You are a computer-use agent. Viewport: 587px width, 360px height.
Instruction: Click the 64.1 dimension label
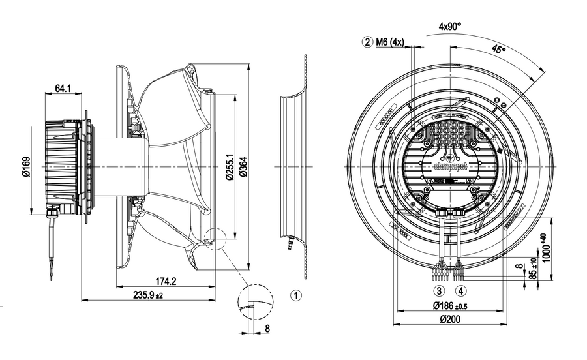tap(63, 88)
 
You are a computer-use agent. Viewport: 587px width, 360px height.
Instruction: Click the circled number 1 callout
tap(295, 295)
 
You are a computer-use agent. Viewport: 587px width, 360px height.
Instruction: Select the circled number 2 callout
tap(369, 42)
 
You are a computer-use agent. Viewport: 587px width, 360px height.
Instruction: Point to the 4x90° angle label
tap(449, 27)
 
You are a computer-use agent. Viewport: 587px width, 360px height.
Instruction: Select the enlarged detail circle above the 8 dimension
tap(255, 301)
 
